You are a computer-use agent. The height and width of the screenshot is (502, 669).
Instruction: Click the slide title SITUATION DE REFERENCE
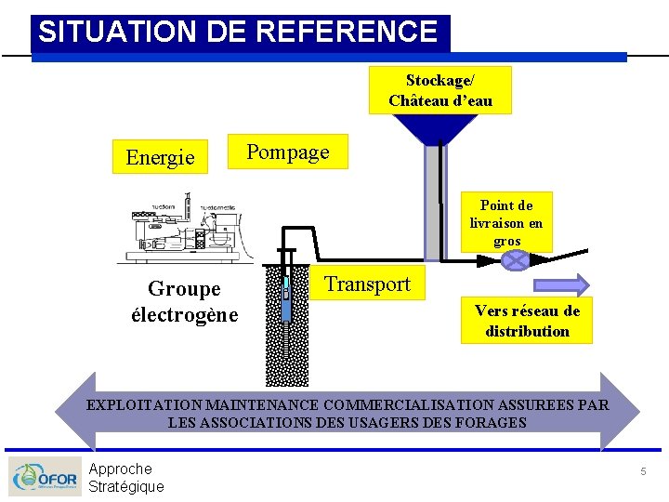(x=238, y=33)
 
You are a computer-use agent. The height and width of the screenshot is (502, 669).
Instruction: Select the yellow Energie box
(x=160, y=157)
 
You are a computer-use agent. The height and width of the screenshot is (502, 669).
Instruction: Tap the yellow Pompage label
(x=288, y=152)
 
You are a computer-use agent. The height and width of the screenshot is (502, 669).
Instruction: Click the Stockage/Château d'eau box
(x=440, y=90)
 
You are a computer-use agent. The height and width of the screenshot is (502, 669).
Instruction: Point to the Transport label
(x=367, y=284)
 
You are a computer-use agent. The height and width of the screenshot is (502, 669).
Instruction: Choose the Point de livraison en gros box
(x=506, y=223)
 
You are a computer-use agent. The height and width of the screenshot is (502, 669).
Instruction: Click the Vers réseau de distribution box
(x=527, y=321)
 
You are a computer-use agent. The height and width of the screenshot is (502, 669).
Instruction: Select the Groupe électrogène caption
(x=184, y=301)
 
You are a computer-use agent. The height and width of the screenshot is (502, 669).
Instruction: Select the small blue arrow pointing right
(x=562, y=284)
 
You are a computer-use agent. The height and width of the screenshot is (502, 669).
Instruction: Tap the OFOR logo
(x=45, y=477)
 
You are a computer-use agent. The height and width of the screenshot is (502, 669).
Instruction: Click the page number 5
(x=642, y=472)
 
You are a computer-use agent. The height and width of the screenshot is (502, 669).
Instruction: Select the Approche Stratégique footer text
(x=125, y=477)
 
